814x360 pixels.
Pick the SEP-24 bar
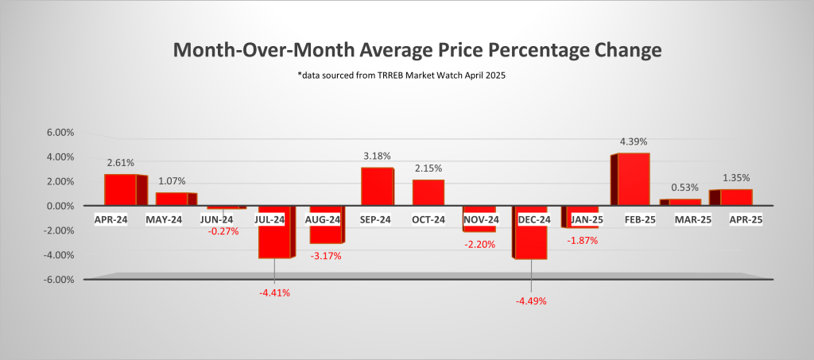tap(377, 186)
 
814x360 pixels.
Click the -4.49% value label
tap(531, 301)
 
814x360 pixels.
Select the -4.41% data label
tap(274, 292)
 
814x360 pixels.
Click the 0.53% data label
tap(684, 188)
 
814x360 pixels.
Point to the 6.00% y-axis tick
tap(61, 133)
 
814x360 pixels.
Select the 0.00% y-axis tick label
tap(61, 206)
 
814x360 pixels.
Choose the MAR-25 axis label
tap(684, 219)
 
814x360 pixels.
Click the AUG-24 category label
tap(325, 219)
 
